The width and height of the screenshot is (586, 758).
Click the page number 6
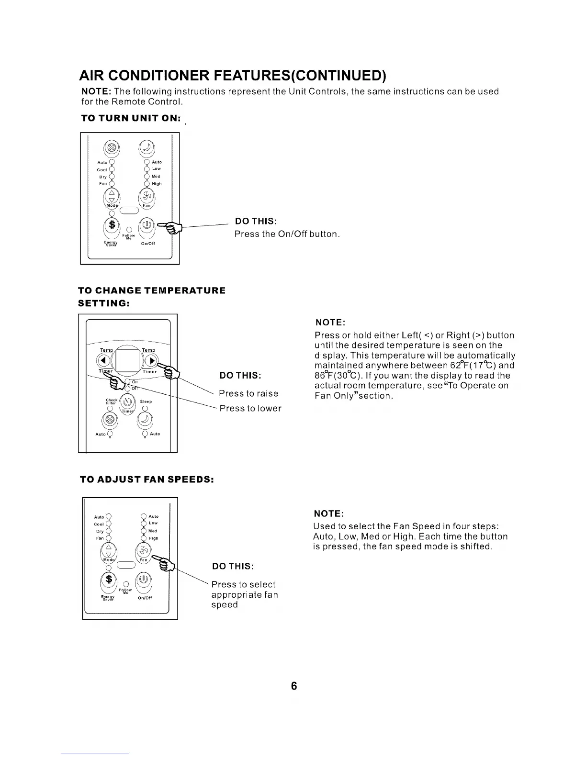pyautogui.click(x=294, y=686)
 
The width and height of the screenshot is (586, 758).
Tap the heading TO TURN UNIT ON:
pyautogui.click(x=131, y=119)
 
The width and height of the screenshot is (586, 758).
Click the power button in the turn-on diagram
pyautogui.click(x=147, y=224)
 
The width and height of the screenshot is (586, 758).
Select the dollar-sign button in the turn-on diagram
pyautogui.click(x=112, y=225)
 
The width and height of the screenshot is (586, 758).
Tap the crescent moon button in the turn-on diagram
pyautogui.click(x=147, y=148)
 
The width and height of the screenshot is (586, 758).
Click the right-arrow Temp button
pyautogui.click(x=150, y=360)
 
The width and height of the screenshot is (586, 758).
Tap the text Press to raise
pyautogui.click(x=248, y=393)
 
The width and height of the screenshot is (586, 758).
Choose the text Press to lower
pyautogui.click(x=250, y=408)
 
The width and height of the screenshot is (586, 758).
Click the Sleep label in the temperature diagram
pyautogui.click(x=146, y=401)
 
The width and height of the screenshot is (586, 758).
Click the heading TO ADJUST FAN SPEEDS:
pyautogui.click(x=146, y=479)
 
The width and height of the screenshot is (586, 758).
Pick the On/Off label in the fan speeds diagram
pyautogui.click(x=145, y=598)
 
